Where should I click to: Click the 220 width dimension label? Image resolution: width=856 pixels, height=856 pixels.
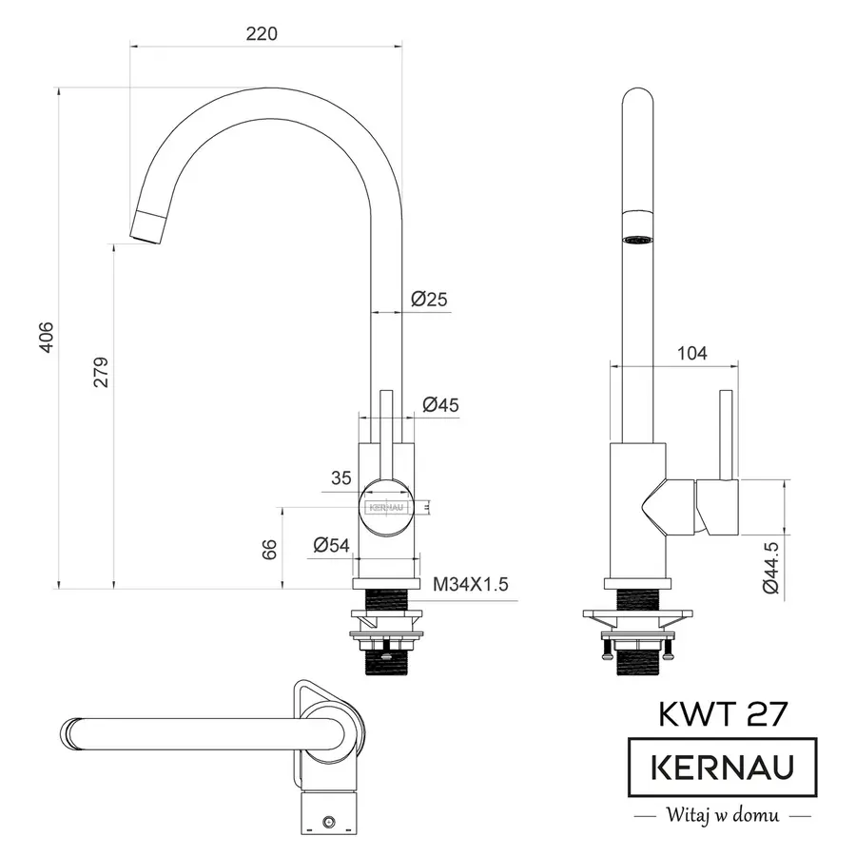point(262,33)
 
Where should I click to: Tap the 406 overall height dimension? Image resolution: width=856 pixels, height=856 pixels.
point(46,338)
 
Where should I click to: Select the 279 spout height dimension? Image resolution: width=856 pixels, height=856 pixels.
point(102,372)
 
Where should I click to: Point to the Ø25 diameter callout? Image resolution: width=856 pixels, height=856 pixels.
point(429,300)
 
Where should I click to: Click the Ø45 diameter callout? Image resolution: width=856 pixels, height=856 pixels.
point(440,404)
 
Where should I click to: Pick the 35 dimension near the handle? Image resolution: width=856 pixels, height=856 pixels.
point(341,478)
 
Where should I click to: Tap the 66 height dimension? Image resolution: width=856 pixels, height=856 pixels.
point(270,549)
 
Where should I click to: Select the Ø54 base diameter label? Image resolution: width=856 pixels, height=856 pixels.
point(332,545)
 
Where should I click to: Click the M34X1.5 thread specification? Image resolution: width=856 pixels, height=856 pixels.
point(471,584)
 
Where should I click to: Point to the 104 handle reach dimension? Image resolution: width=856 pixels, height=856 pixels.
point(691,354)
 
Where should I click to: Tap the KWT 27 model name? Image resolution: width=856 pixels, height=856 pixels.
point(723,712)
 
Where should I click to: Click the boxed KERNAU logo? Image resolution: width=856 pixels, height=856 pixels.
point(723,767)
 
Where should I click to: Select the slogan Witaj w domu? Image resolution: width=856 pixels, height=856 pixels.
point(723,815)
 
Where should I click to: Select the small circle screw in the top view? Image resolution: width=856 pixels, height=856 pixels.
point(330,819)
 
